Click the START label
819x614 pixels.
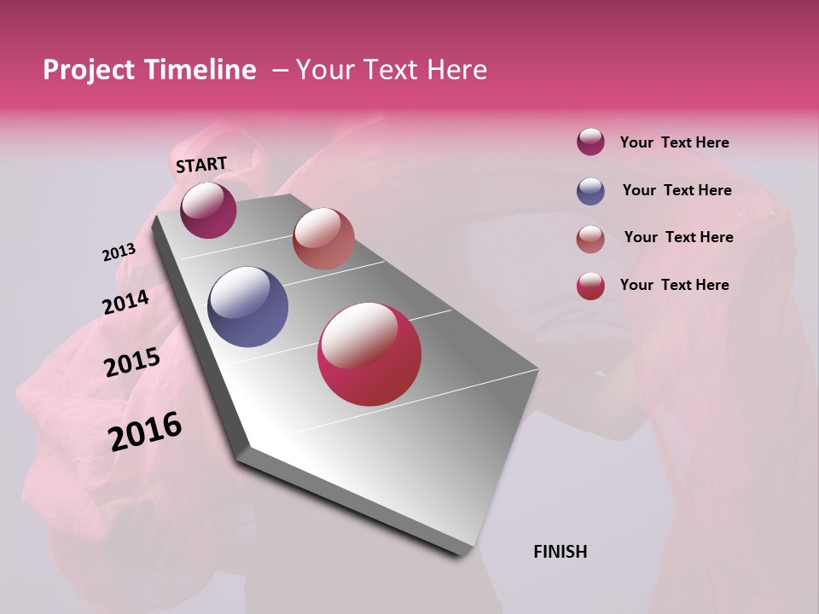(x=201, y=164)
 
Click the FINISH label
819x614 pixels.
(x=561, y=552)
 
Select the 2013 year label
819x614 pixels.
(x=119, y=252)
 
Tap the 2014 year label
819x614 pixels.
(x=125, y=302)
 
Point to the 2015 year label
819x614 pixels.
(x=132, y=362)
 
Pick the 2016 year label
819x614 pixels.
(x=145, y=432)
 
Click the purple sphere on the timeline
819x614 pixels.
(x=208, y=210)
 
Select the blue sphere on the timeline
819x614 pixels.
(x=248, y=307)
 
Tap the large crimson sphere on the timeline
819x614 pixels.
(x=369, y=354)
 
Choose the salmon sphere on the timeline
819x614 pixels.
(x=323, y=239)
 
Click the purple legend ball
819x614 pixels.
(x=590, y=142)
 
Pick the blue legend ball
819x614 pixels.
(x=590, y=191)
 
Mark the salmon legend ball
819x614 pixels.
(x=590, y=239)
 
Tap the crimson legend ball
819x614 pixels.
(x=590, y=286)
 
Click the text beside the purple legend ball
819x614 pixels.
(x=674, y=142)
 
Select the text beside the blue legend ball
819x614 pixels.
(x=677, y=190)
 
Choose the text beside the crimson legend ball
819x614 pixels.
(x=674, y=285)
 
